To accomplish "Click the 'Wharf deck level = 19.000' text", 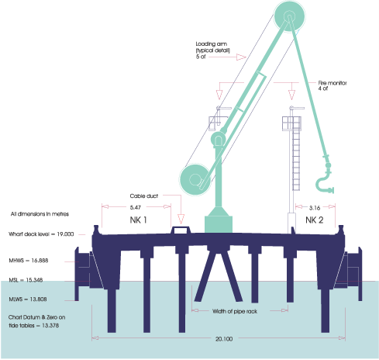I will click(42, 233).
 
